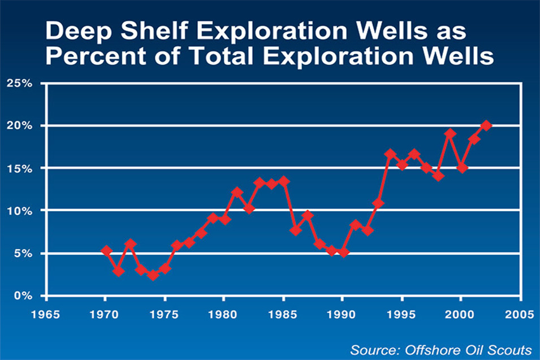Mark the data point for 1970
coord(106,250)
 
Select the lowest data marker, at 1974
coord(153,275)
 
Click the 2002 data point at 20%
coord(486,125)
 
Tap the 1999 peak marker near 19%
coord(450,134)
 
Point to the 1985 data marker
coord(284,181)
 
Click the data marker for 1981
coord(237,192)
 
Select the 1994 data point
coord(390,154)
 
